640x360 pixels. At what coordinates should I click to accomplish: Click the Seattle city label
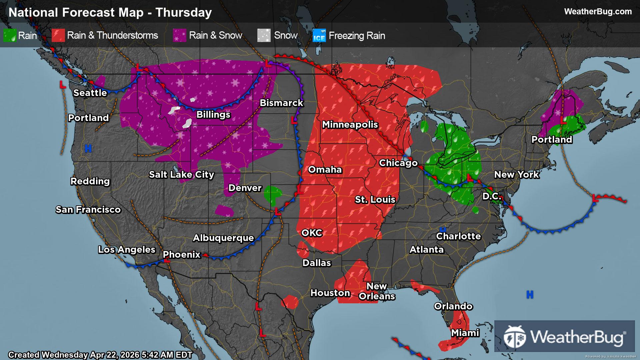coord(90,93)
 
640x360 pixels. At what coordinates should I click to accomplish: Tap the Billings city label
coord(213,115)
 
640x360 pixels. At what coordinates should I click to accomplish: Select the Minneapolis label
coord(350,125)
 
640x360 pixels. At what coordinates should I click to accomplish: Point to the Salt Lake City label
coord(181,175)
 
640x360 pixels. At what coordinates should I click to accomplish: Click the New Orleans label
coord(377,291)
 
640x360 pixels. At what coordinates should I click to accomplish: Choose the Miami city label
coord(465,333)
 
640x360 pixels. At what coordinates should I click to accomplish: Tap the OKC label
coord(312,233)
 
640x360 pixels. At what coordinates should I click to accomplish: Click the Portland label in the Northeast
coord(552,139)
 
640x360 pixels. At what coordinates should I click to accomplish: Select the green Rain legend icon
coord(10,35)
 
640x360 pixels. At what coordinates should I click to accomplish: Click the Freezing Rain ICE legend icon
coord(319,35)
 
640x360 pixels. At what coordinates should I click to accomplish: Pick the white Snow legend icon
coord(264,35)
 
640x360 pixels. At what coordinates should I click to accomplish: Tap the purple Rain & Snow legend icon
coord(179,35)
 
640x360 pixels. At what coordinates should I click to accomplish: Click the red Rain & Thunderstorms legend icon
coord(58,35)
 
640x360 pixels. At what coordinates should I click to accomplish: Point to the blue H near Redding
coord(88,148)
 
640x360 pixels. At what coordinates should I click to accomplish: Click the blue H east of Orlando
coord(530,295)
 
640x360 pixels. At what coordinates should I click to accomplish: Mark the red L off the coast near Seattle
coord(62,85)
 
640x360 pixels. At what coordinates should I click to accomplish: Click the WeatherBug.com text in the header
coord(598,12)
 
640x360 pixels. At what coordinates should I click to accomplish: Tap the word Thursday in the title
coord(184,12)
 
